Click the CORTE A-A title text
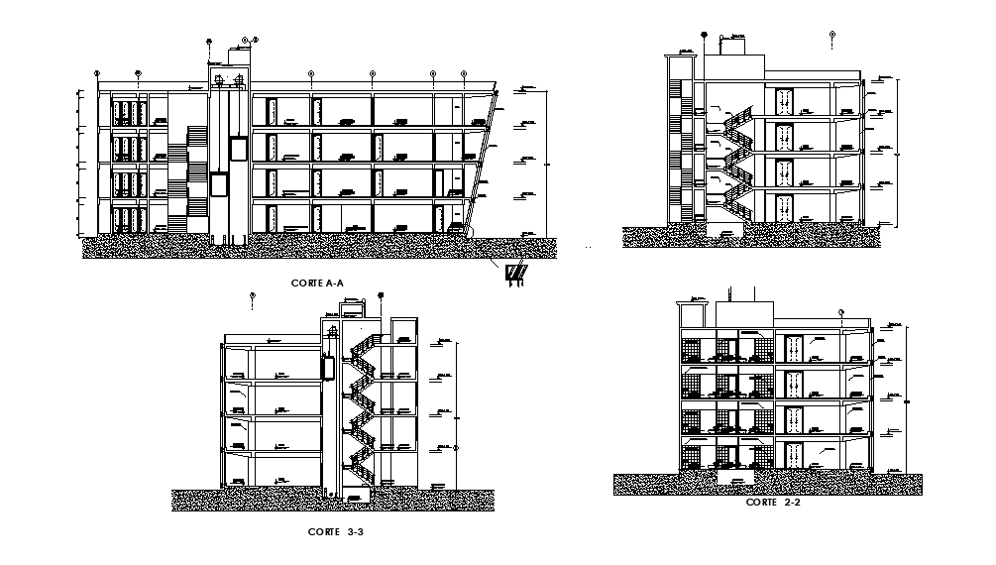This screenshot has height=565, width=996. [x=317, y=283]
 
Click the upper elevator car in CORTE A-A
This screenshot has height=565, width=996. [x=237, y=147]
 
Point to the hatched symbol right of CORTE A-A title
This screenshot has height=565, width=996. [x=515, y=273]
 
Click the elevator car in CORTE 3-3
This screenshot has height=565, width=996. [x=327, y=364]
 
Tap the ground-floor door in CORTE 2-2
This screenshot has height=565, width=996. [x=793, y=452]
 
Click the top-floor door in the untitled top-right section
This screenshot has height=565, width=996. [x=785, y=103]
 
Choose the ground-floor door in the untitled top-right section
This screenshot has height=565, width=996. [x=785, y=207]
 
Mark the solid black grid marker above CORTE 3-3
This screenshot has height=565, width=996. [x=380, y=294]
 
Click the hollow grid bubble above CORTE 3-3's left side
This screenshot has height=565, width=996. [x=253, y=294]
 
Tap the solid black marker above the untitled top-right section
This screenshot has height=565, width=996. [x=703, y=35]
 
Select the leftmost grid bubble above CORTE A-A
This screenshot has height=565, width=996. [x=97, y=73]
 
